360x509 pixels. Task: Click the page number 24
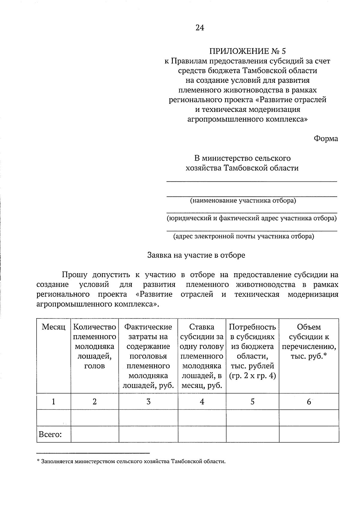click(200, 28)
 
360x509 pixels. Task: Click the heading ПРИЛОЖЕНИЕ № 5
click(247, 51)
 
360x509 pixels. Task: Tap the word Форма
click(326, 139)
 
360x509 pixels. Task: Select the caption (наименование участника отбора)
click(243, 200)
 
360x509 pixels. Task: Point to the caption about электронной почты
click(244, 236)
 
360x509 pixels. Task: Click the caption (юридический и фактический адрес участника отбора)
click(252, 218)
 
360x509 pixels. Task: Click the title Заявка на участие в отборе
click(196, 255)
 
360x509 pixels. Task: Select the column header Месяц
click(53, 327)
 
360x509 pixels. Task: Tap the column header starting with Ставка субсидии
click(202, 356)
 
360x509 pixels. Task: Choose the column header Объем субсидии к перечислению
click(309, 341)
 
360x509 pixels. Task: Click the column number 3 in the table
click(148, 402)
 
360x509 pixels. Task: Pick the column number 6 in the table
click(309, 402)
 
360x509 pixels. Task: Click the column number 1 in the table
click(53, 402)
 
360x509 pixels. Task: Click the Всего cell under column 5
click(252, 434)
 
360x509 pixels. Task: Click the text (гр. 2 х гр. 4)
click(252, 376)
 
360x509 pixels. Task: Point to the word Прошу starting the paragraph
click(74, 275)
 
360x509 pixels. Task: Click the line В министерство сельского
click(242, 158)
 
